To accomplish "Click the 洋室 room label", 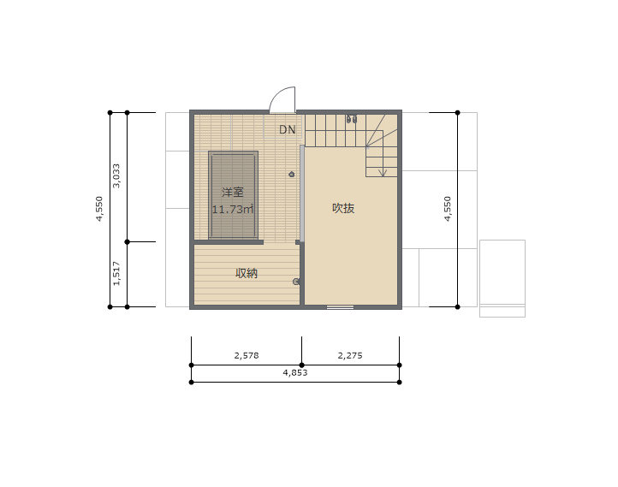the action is [233, 193].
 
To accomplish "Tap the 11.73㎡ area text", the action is [233, 209].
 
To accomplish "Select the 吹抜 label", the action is [343, 208].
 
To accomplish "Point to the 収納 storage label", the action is [247, 273].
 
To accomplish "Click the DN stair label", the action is [287, 129].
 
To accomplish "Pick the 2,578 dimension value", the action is [247, 355].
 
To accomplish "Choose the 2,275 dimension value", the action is [350, 355].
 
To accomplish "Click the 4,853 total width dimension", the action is [295, 372].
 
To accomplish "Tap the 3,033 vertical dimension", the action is [116, 175].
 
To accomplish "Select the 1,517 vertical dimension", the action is [116, 273].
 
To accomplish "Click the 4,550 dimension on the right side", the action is [448, 209].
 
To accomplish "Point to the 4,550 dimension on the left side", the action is [99, 209].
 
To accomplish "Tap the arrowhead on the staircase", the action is [383, 173].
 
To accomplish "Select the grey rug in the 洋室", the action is [234, 195].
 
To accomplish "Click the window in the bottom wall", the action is [340, 307].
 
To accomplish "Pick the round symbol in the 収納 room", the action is [296, 282].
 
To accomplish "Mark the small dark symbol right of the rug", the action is [292, 174].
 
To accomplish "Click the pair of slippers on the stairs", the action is [352, 119].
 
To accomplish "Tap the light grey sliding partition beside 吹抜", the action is [302, 193].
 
